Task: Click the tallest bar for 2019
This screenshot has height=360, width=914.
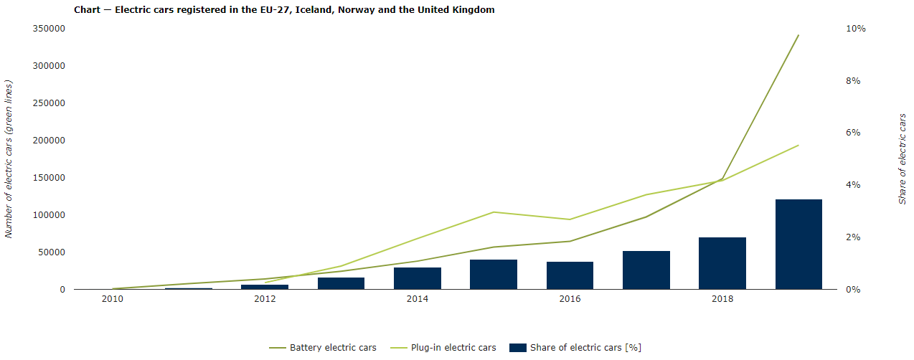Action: [x=798, y=245]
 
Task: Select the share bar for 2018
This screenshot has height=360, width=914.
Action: [x=722, y=263]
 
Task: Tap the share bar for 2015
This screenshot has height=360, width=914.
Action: [x=494, y=275]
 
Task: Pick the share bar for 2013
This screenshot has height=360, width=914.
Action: [x=341, y=283]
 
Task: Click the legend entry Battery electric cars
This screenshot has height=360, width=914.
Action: [x=323, y=348]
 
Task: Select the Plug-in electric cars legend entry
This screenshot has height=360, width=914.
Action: [x=443, y=348]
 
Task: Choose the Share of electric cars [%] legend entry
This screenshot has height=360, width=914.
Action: [x=575, y=348]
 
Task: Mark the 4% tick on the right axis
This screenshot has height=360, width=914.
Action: [x=854, y=185]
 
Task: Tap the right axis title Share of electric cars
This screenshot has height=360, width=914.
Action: [x=903, y=158]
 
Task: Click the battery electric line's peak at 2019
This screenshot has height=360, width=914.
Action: [x=798, y=35]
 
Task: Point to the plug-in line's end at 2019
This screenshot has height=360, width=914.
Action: [x=798, y=145]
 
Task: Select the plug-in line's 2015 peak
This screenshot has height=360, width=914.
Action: [x=494, y=212]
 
